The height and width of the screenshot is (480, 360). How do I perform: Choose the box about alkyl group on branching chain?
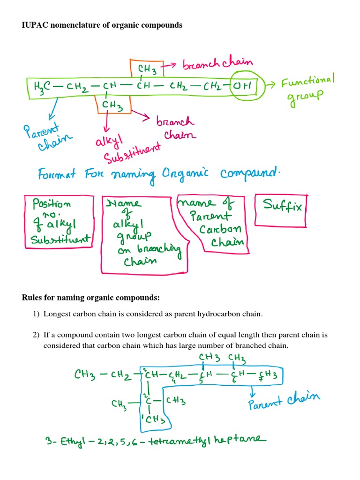pyautogui.click(x=142, y=232)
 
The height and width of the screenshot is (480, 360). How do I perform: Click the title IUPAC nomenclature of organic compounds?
pyautogui.click(x=102, y=25)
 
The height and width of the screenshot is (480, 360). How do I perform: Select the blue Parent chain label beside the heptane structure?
pyautogui.click(x=284, y=401)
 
